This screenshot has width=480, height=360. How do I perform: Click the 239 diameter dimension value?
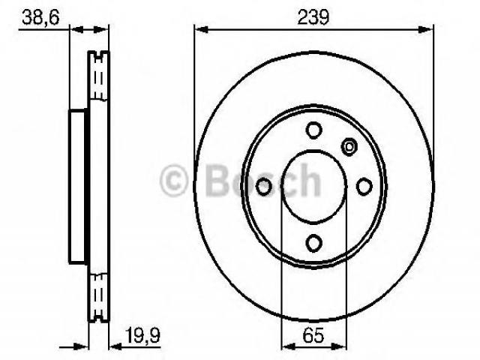coord(313,17)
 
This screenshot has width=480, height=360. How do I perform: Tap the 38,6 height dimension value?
coord(40,18)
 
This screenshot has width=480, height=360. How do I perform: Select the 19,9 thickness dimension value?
coord(142,335)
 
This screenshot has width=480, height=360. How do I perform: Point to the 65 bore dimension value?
coord(313,335)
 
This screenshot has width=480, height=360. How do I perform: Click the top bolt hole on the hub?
coord(313,130)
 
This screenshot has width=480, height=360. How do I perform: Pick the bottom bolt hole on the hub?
coord(313,243)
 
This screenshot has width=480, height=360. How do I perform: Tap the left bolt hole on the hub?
coord(263,187)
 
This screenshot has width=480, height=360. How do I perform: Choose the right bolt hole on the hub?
coord(364,187)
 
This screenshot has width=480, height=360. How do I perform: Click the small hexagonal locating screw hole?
coord(349,147)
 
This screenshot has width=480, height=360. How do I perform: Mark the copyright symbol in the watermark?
coord(173,180)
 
